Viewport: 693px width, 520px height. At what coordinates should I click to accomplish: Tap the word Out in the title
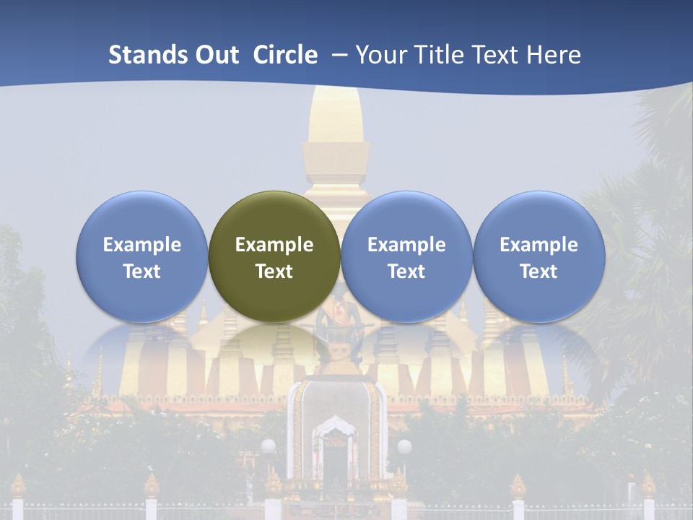coord(217,55)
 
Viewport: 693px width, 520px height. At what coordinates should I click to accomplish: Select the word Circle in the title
coord(285,55)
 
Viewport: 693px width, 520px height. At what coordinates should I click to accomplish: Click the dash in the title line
coord(337,55)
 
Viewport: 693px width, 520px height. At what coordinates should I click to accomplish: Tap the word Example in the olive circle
coord(274,245)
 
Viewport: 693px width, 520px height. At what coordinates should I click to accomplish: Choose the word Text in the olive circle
coord(274,272)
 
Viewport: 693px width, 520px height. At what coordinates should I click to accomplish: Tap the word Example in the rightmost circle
coord(539,245)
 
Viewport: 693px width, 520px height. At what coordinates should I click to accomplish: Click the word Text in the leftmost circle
coord(141,272)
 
